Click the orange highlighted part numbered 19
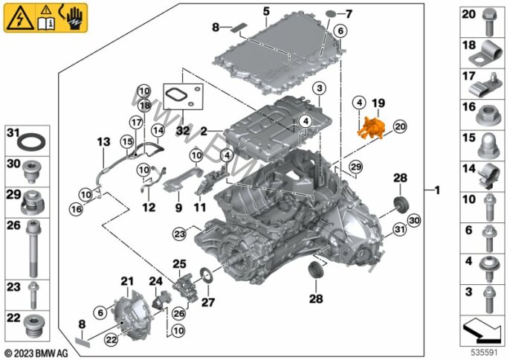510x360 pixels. pos(371,128)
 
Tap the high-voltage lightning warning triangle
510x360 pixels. pos(20,19)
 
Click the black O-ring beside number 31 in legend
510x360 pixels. pos(31,141)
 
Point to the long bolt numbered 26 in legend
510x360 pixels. pos(33,248)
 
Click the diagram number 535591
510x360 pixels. pos(485,353)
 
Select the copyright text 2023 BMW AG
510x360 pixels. pos(36,353)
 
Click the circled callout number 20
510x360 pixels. pos(400,126)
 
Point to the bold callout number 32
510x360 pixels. pos(182,131)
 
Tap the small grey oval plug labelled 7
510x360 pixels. pos(332,14)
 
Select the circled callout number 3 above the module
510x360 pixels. pos(320,89)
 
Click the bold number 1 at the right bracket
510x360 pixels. pos(437,190)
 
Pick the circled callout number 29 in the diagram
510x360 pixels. pos(356,167)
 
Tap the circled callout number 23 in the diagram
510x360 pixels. pos(180,234)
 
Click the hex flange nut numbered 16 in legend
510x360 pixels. pos(488,115)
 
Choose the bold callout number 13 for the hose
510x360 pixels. pos(103,142)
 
